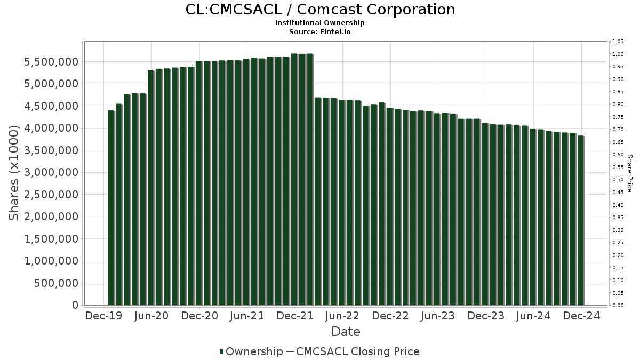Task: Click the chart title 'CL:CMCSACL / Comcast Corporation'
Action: (x=320, y=10)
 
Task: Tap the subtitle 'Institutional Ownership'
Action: (x=320, y=23)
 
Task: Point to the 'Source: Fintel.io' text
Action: (x=320, y=32)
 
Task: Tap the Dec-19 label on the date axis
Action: (x=103, y=316)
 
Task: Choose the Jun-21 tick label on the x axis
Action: (x=246, y=316)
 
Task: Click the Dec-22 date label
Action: (x=390, y=316)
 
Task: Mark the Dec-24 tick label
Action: (x=581, y=316)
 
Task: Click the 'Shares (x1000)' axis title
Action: (x=14, y=173)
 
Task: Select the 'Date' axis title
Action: (x=346, y=332)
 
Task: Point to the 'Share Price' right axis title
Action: (x=629, y=173)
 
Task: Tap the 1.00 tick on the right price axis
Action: (x=619, y=54)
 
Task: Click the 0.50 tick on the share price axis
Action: (x=619, y=180)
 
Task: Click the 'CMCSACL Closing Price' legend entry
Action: (x=357, y=351)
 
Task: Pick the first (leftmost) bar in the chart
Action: (x=111, y=208)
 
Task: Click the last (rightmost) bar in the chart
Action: (x=581, y=220)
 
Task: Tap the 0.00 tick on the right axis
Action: (x=619, y=306)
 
